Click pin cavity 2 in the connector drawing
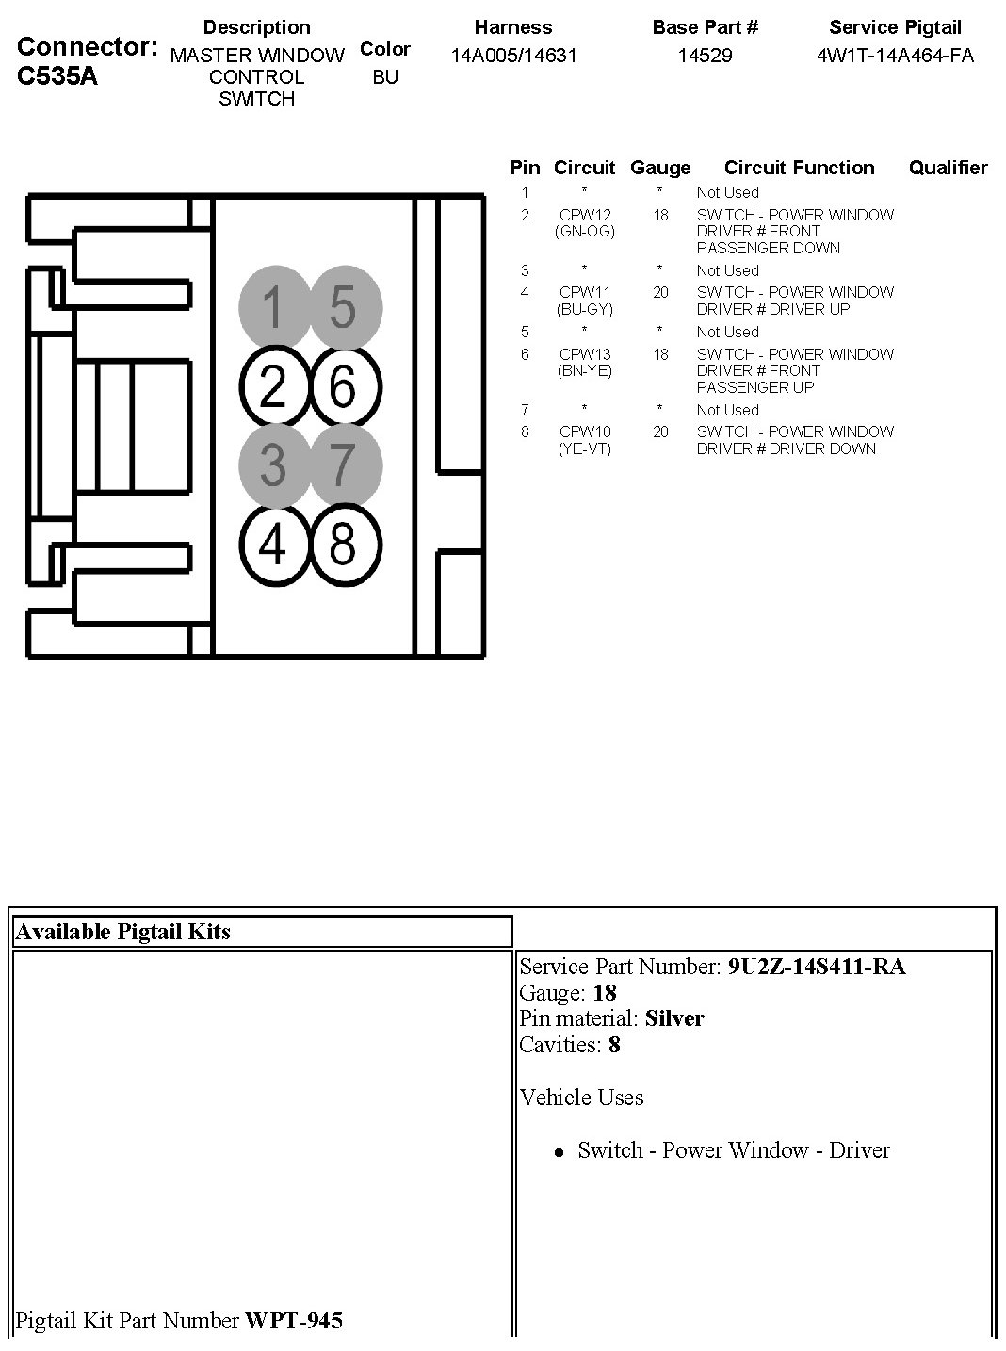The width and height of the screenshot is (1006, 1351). pos(273,387)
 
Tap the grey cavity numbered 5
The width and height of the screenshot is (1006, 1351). pos(344,307)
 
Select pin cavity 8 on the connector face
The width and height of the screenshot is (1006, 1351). pos(344,545)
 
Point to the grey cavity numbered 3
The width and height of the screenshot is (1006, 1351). pos(273,465)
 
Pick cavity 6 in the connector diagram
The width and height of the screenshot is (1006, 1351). pos(344,387)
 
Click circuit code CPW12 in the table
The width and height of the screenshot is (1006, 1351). pos(585,215)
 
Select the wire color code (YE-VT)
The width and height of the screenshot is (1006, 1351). pos(585,448)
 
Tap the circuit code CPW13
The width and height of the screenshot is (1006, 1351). pos(585,354)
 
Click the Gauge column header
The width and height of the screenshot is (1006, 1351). pos(660,168)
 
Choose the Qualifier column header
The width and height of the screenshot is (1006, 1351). pos(948,168)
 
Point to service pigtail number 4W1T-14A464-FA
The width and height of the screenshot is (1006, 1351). pos(895,55)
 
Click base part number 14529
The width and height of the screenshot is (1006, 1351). pos(705,55)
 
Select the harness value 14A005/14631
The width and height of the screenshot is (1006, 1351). pos(513,55)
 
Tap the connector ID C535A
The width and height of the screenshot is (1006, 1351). pos(57,76)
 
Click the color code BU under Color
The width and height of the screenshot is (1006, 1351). pos(385,77)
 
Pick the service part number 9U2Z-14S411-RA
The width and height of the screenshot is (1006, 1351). pos(817,967)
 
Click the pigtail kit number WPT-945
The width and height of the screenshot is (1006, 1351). pos(294,1321)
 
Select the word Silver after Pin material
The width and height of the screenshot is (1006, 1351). pos(674,1018)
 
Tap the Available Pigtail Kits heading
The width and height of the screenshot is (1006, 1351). pos(122,932)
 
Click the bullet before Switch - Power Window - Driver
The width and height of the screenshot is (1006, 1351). pos(560,1151)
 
